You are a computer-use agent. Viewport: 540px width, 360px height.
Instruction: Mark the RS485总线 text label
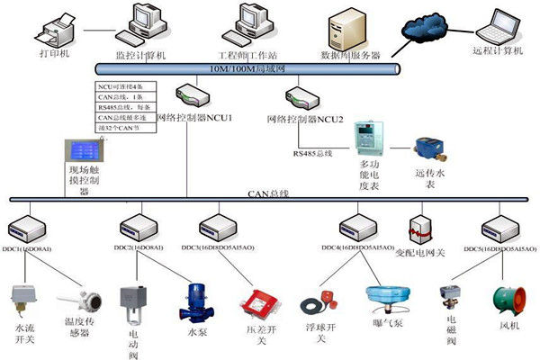point(312,154)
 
